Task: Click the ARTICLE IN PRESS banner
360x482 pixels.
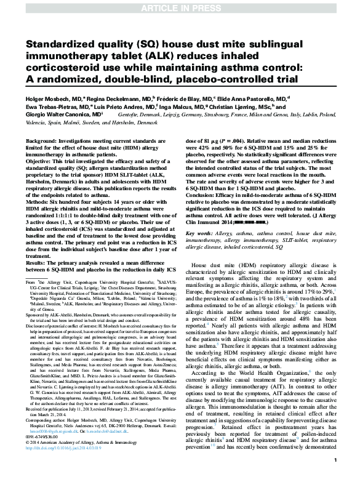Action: coord(180,7)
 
